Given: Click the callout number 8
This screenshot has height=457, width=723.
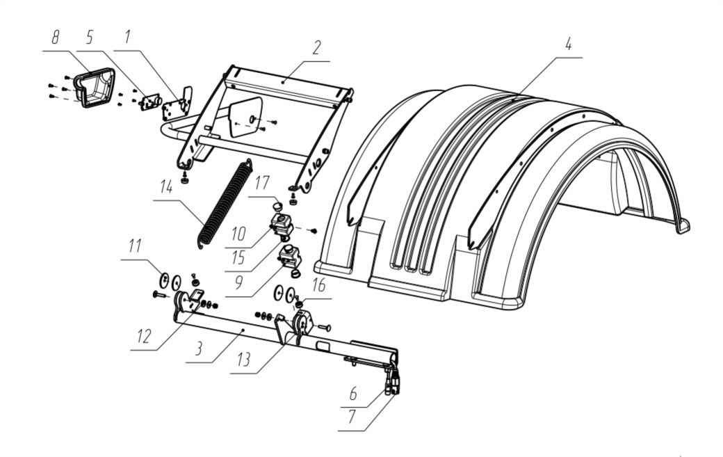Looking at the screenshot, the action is pos(56,38).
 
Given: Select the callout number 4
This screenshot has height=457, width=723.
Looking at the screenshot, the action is pos(568,45).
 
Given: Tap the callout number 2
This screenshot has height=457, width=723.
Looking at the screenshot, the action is pos(316,48).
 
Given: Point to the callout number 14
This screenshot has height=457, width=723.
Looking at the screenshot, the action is pos(166,187).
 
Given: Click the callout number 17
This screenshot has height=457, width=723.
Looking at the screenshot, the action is pos(262,183).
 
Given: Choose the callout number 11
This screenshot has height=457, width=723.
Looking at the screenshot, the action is pos(135,246).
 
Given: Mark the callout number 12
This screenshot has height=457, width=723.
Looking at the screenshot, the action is pos(144,336).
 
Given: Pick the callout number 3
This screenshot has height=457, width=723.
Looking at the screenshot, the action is pos(198,348).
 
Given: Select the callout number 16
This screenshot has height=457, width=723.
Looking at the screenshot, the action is pos(318,285).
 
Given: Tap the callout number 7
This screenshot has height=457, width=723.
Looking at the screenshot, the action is pos(352,417).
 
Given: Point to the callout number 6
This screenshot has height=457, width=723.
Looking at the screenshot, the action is pos(353,394).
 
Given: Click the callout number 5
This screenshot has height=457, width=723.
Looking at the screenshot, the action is pos(90,38).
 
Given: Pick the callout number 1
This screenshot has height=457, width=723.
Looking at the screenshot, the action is pos(127,37).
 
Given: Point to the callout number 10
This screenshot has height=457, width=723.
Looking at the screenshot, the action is pos(238,234).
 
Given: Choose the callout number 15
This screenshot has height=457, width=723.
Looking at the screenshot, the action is pos(238,258).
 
